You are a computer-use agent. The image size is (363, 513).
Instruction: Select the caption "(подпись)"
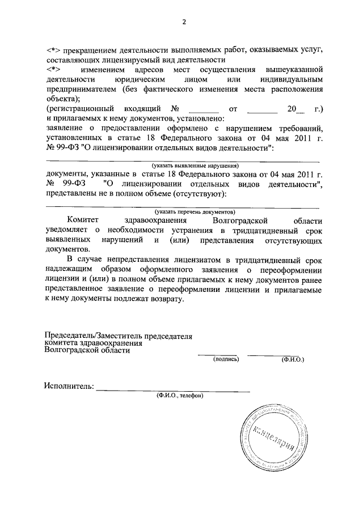pos(226,359)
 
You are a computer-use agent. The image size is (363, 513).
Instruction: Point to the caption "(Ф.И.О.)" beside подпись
pos(292,359)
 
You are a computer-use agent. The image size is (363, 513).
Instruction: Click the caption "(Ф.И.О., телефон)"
pos(180,396)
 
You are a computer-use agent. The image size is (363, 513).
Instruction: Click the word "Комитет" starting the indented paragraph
pos(84,220)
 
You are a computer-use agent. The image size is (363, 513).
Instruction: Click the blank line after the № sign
pos(203,109)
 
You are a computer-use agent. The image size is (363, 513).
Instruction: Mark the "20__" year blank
pos(296,108)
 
